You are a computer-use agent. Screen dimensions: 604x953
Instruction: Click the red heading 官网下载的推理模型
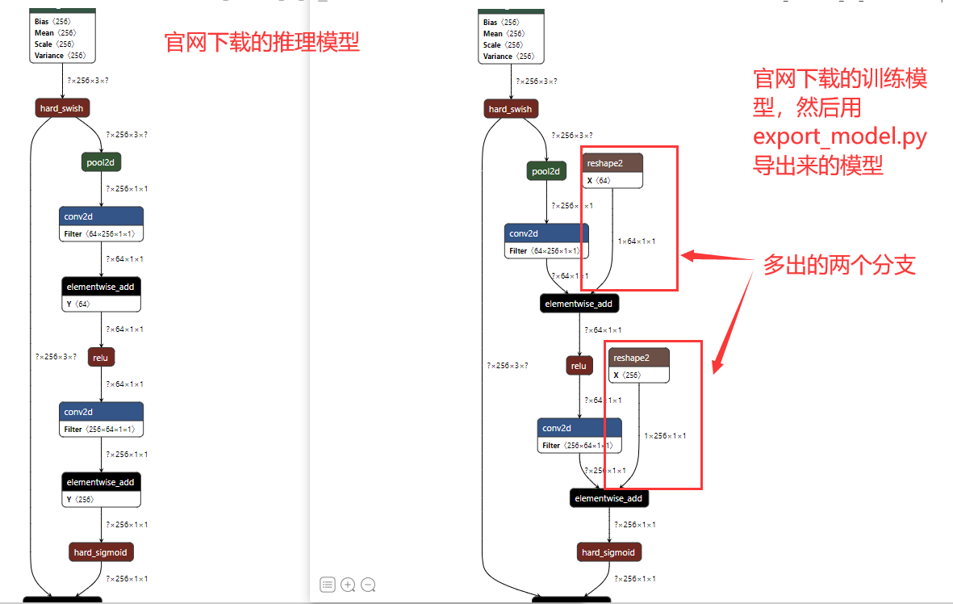point(261,42)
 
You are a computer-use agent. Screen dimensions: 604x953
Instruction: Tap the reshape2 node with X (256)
point(639,366)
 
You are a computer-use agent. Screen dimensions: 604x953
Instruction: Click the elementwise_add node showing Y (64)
point(102,295)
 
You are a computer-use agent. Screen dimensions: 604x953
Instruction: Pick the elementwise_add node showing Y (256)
point(102,490)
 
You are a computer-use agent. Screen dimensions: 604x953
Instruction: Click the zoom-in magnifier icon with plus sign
point(348,585)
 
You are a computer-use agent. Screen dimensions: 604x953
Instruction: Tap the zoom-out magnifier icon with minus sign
point(368,585)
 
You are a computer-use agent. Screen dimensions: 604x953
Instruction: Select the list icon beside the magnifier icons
point(328,585)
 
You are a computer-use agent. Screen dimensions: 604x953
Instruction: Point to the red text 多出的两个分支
point(839,265)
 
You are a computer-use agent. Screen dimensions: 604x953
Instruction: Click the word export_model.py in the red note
point(839,136)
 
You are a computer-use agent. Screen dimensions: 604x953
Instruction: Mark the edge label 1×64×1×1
point(637,241)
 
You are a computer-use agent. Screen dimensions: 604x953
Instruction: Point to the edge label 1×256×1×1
point(665,436)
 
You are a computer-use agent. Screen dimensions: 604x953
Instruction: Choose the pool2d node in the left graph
point(102,162)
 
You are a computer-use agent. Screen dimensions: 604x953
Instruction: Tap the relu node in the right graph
point(579,366)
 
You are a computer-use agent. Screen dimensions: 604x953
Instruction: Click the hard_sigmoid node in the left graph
point(101,552)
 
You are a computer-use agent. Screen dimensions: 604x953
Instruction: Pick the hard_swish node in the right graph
point(511,109)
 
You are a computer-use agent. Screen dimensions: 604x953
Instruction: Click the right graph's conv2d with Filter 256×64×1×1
point(579,436)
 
